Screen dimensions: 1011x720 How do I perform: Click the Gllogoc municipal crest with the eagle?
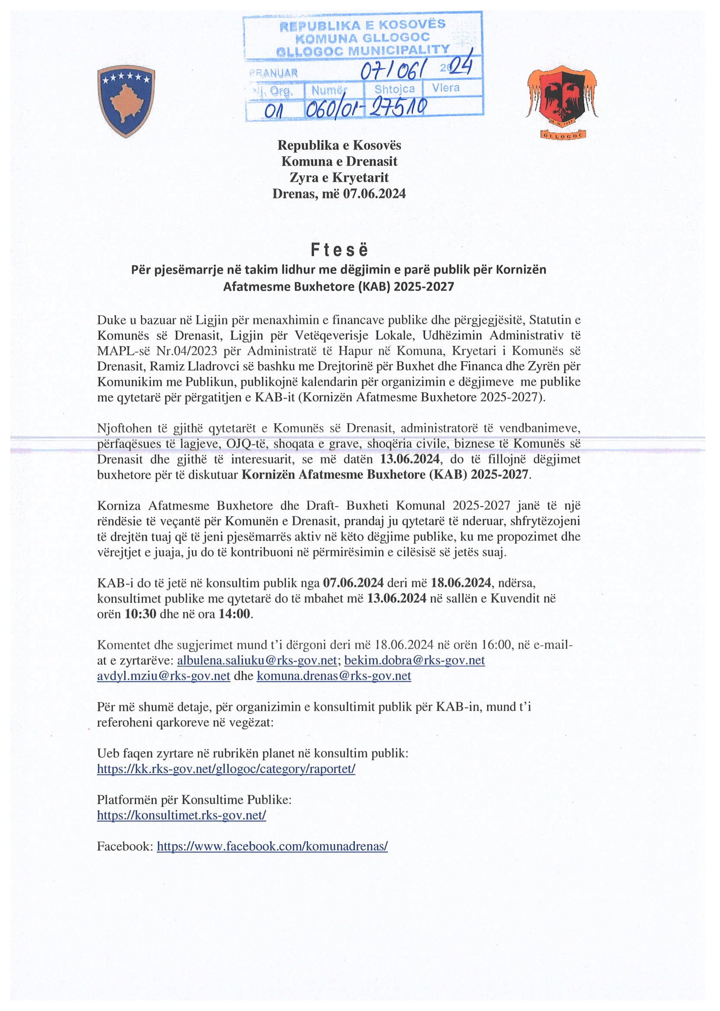coord(562,102)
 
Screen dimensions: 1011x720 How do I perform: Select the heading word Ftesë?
coord(339,251)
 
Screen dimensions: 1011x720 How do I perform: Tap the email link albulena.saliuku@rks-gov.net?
coord(257,660)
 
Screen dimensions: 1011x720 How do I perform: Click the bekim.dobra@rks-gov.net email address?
coord(415,660)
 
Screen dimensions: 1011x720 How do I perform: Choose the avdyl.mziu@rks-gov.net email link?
coord(164,676)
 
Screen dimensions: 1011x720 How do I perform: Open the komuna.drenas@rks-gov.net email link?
coord(334,676)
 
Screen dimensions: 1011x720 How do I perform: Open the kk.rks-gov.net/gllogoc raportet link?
coord(226,769)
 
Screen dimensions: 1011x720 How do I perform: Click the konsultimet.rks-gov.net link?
coord(181,815)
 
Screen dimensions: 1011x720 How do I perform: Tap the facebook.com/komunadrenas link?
coord(272,846)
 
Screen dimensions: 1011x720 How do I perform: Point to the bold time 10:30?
coord(140,614)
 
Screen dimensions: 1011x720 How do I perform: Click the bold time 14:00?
coord(235,614)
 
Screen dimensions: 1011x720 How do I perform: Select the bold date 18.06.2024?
coord(461,583)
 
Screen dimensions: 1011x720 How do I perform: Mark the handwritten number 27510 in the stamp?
coord(398,107)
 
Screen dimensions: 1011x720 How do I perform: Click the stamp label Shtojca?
coord(394,89)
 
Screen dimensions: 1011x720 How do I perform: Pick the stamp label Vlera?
coord(446,88)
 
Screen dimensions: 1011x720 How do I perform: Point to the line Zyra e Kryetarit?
coord(339,177)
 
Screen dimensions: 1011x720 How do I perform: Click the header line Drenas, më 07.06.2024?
coord(339,193)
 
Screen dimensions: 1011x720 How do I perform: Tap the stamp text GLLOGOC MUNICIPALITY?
coord(363,50)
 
